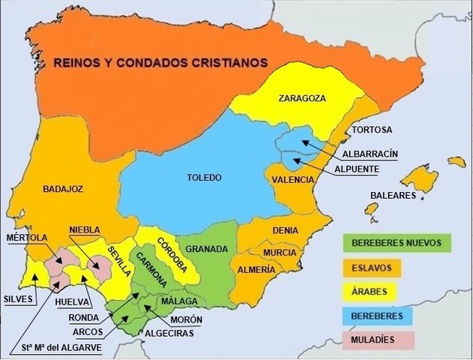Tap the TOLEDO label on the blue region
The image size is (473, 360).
204,178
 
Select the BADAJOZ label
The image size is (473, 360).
63,189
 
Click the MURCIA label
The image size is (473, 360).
280,253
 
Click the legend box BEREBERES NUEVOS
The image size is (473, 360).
396,242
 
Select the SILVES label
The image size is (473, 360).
19,298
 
